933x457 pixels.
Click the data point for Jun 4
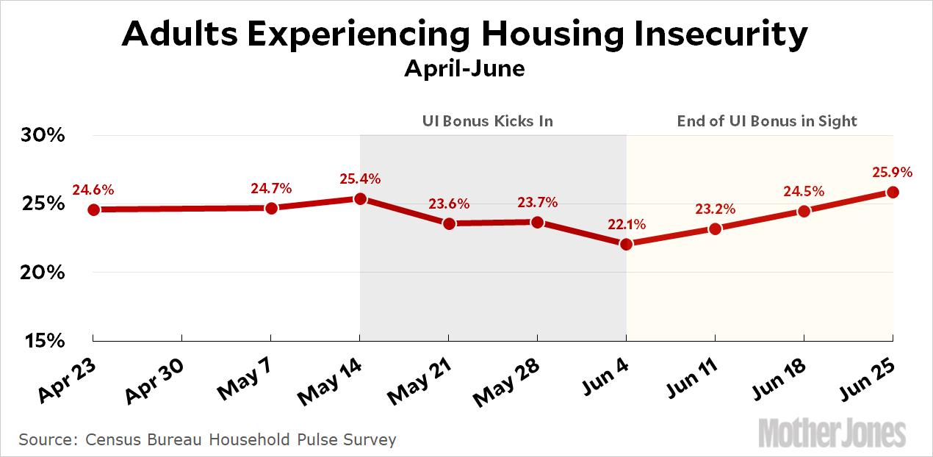pos(626,244)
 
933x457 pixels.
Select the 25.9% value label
pos(892,173)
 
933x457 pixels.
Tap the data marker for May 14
pos(360,198)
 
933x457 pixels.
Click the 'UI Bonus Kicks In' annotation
pos(487,120)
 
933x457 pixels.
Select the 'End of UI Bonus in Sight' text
pos(767,120)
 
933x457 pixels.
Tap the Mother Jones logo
pos(832,432)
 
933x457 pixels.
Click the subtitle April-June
pos(465,69)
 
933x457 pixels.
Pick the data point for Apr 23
pos(93,209)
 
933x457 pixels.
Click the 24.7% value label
pos(271,189)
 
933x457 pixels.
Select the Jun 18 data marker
pos(804,212)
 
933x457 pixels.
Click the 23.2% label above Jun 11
pos(714,209)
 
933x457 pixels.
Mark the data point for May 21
pos(448,223)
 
